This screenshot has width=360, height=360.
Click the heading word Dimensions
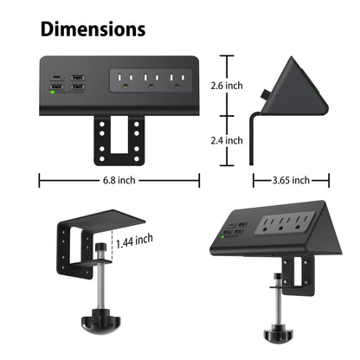(93, 29)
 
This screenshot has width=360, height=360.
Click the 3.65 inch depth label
(291, 181)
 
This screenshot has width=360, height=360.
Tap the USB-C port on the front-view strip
(56, 78)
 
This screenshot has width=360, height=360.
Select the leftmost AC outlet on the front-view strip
(123, 81)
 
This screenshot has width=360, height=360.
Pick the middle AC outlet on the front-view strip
(151, 81)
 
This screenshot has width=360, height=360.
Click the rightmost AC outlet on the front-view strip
(178, 81)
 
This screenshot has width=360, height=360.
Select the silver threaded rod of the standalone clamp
(102, 286)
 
